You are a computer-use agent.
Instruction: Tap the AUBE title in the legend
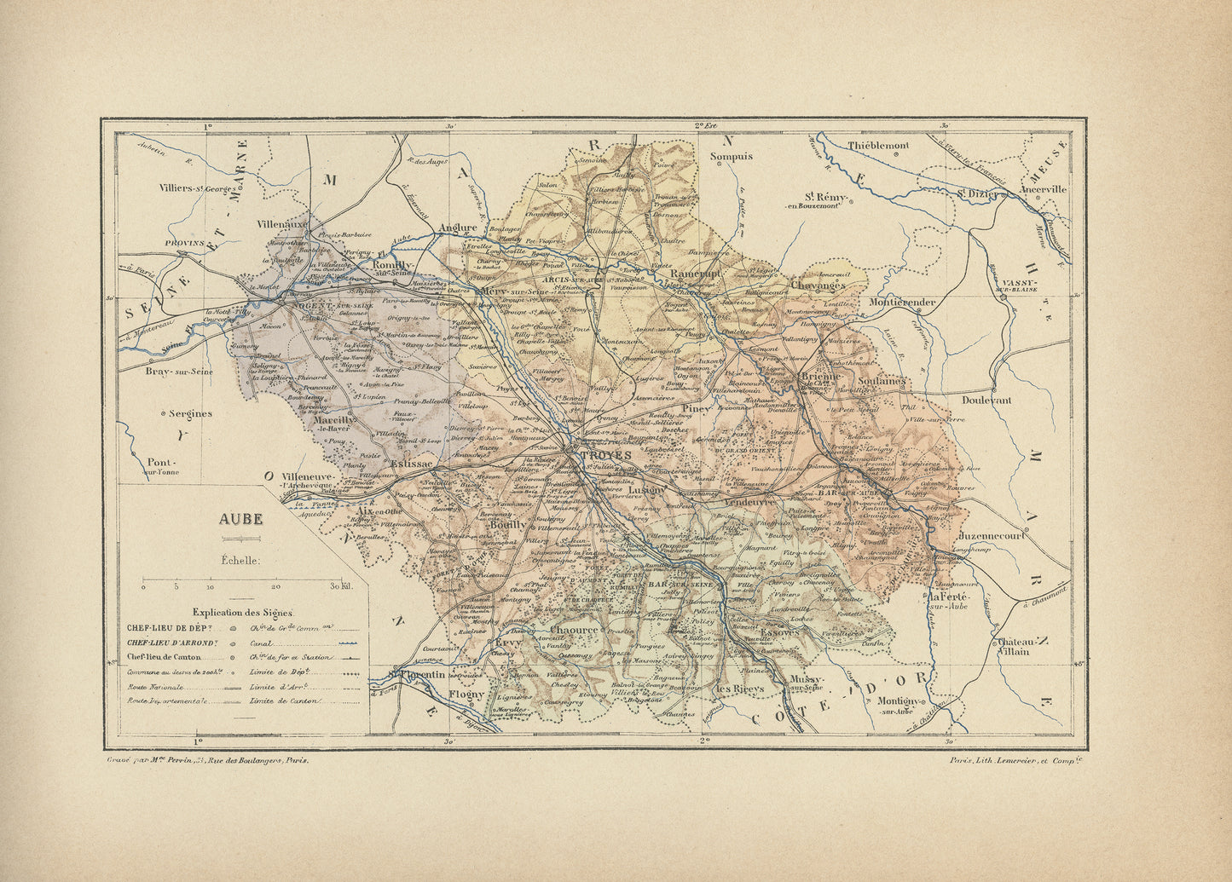click(x=241, y=519)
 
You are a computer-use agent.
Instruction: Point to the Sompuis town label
click(x=732, y=156)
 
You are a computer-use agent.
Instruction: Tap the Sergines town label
click(x=189, y=413)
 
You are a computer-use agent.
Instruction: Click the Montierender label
click(x=902, y=302)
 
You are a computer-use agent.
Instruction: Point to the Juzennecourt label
click(x=991, y=537)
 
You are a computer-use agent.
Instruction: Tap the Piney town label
click(x=696, y=408)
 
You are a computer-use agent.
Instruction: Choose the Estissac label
click(x=413, y=464)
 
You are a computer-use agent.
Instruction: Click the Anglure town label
click(x=457, y=228)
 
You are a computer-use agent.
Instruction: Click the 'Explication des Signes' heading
click(x=243, y=612)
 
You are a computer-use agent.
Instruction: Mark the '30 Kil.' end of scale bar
click(x=341, y=587)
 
